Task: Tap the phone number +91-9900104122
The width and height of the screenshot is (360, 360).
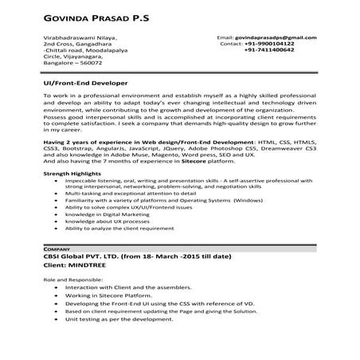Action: coord(270,44)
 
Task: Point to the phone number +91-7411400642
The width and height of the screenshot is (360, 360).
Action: coord(270,50)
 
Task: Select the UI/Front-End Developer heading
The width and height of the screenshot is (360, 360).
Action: coord(84,83)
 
